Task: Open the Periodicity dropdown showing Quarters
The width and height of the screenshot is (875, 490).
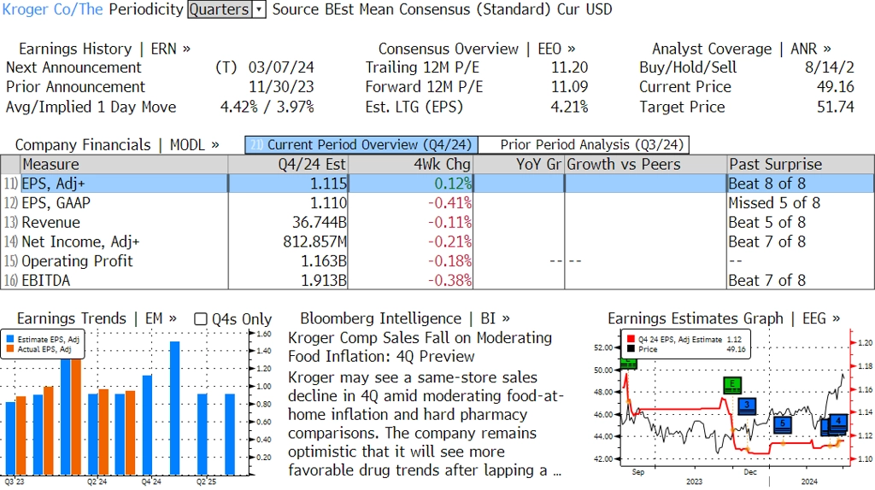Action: pyautogui.click(x=226, y=10)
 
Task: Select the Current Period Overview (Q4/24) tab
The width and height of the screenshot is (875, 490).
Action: pyautogui.click(x=361, y=145)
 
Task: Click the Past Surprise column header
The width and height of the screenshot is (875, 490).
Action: pyautogui.click(x=775, y=165)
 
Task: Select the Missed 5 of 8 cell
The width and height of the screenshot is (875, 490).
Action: pyautogui.click(x=774, y=203)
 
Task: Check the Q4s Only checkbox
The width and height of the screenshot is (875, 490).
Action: pyautogui.click(x=201, y=319)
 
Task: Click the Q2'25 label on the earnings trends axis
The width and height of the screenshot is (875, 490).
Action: pyautogui.click(x=206, y=481)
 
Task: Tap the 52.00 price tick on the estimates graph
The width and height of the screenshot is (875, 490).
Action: pyautogui.click(x=603, y=348)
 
